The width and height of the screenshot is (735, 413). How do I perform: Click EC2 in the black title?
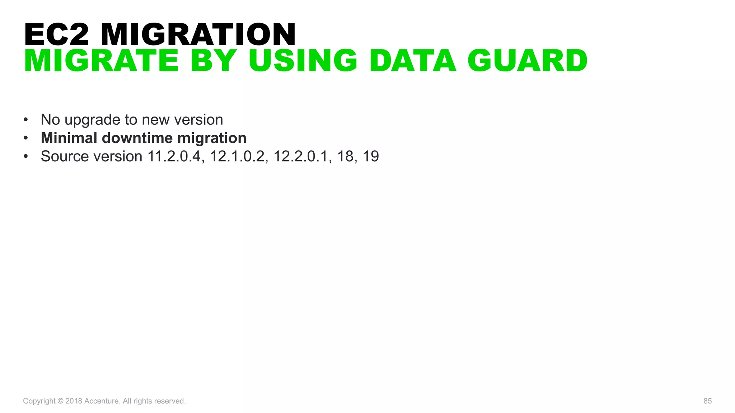[x=56, y=34]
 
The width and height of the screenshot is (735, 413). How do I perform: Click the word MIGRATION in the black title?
[x=198, y=34]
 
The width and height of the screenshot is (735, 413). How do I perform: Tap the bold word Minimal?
[x=69, y=138]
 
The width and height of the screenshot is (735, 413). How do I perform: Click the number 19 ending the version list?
[x=371, y=156]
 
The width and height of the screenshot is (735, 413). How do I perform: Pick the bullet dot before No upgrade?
[x=25, y=120]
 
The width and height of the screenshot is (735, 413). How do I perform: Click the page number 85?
[x=707, y=401]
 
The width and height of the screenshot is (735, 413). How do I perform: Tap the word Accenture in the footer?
[x=102, y=401]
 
